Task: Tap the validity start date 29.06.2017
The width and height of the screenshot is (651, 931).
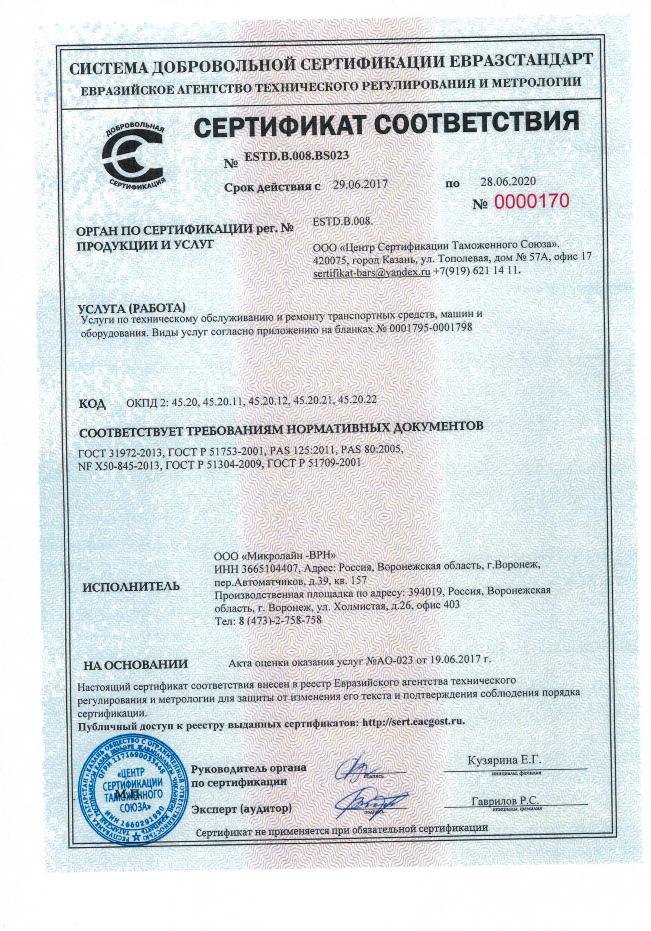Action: click(360, 185)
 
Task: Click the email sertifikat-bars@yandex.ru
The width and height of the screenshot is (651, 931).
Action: click(372, 272)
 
